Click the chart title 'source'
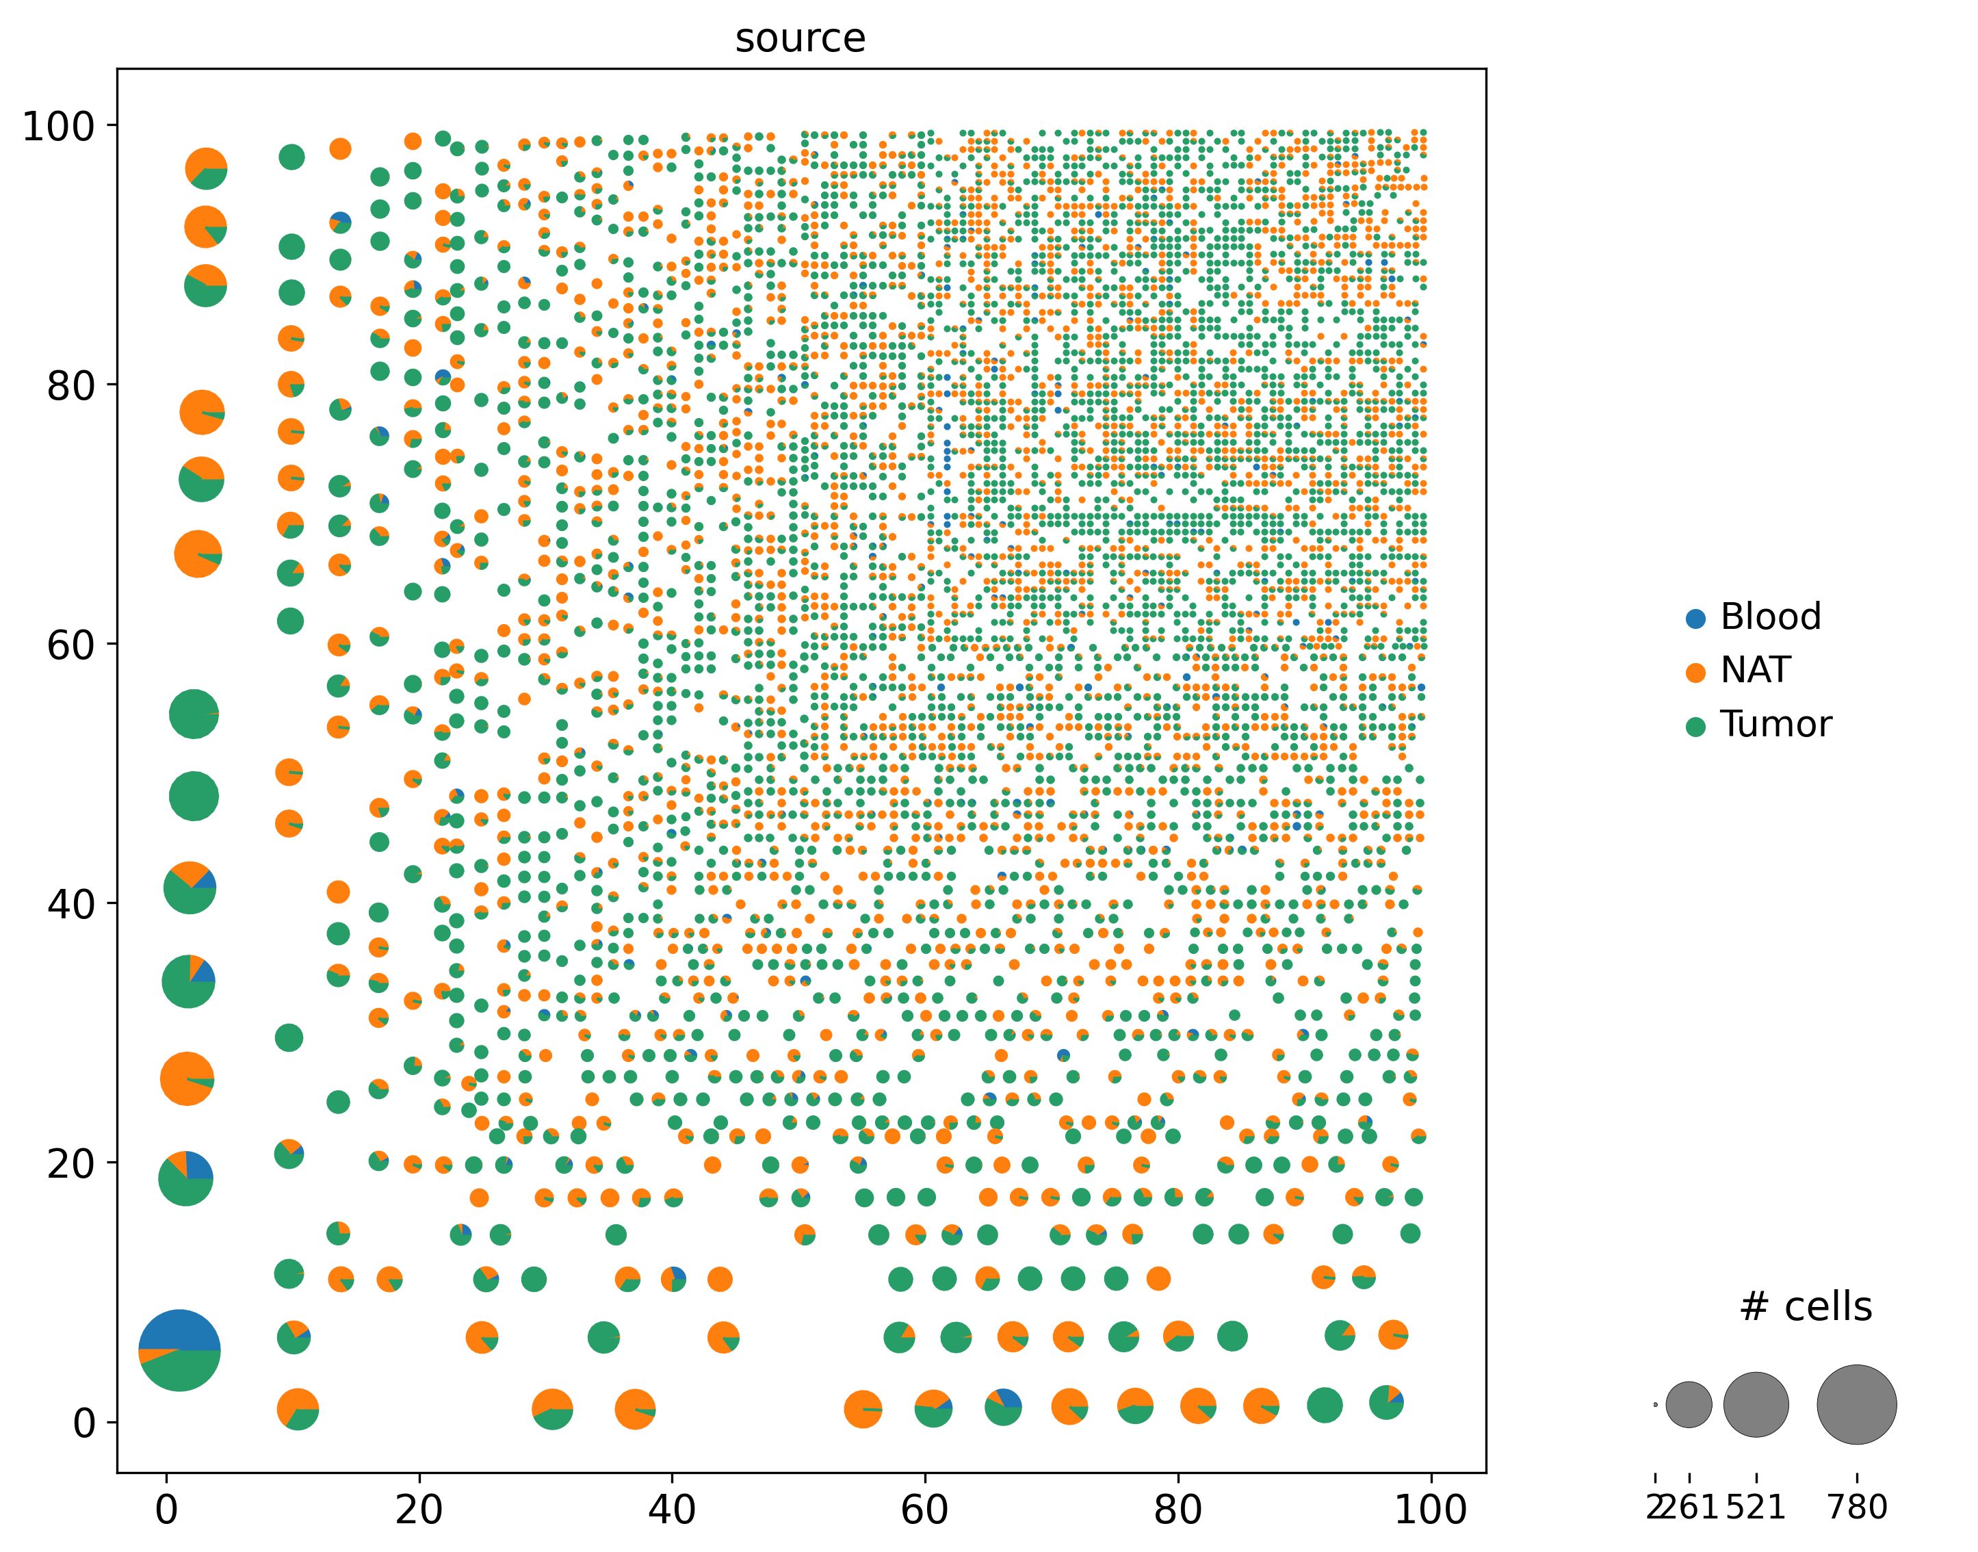800,38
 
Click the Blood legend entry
1770,617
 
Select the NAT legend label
1754,671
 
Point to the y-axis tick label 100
58,127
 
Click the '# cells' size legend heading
1806,1306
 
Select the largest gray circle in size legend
1856,1405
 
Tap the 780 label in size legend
1857,1508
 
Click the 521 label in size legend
1756,1508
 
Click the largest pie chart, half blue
179,1350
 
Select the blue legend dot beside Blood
1695,619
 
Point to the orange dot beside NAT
1695,673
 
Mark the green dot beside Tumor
1695,726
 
